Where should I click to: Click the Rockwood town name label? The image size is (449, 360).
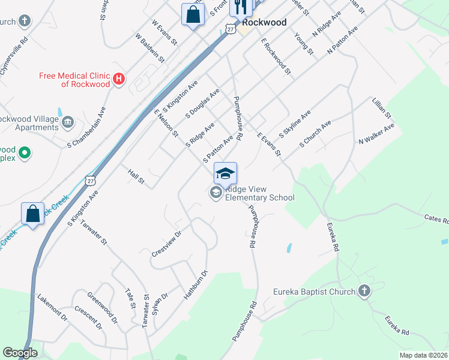[x=264, y=22]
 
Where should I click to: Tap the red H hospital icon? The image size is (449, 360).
[x=119, y=79]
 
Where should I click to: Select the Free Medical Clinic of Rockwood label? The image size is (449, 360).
[x=74, y=80]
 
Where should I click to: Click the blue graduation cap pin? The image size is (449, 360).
[x=225, y=173]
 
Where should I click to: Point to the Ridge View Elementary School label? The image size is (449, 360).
[x=260, y=193]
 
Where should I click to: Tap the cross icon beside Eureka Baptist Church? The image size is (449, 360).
[x=363, y=292]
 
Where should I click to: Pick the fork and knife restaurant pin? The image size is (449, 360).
[x=240, y=7]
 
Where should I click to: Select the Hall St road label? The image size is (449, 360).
[x=137, y=176]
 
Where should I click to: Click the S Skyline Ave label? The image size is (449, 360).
[x=295, y=125]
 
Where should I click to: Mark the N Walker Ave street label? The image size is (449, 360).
[x=376, y=134]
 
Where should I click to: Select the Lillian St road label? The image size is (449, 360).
[x=382, y=107]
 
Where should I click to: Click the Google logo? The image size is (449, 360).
[x=20, y=353]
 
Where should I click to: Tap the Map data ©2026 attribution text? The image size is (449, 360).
[x=423, y=355]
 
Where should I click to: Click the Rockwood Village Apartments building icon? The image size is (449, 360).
[x=68, y=122]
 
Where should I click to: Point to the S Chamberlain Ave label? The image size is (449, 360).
[x=86, y=127]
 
